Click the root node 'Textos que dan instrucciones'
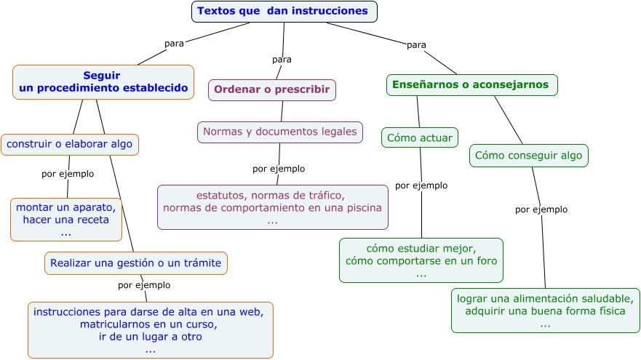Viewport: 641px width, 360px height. (284, 12)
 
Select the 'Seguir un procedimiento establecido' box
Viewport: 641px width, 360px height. (103, 82)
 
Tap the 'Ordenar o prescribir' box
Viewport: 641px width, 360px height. (271, 90)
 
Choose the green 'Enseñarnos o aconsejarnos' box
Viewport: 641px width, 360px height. (471, 84)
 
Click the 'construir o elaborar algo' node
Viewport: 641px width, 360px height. (70, 144)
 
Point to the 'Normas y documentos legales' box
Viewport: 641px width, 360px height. (279, 132)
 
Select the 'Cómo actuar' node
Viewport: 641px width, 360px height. (419, 137)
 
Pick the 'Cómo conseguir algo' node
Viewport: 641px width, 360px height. (529, 155)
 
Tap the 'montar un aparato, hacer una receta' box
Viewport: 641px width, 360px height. (66, 219)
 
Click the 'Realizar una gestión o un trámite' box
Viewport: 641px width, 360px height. (135, 263)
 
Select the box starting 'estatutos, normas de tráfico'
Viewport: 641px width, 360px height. (273, 207)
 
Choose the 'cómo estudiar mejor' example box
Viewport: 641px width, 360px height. (421, 260)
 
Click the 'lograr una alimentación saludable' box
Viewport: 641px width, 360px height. (545, 311)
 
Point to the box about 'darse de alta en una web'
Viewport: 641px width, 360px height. (151, 330)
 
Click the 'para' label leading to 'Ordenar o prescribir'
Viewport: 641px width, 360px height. (282, 59)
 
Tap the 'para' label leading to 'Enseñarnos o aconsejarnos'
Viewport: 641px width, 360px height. (416, 45)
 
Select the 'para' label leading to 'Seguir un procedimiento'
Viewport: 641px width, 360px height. (174, 44)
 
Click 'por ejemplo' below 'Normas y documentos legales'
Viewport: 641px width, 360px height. (279, 169)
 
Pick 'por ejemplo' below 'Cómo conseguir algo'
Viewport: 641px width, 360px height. (541, 209)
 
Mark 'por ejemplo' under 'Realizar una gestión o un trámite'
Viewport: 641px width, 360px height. (144, 285)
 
